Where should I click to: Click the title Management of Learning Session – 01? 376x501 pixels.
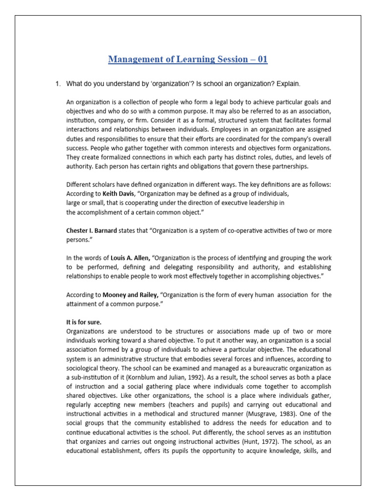click(188, 60)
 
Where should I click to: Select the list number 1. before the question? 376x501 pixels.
click(58, 84)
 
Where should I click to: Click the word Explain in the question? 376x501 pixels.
click(285, 84)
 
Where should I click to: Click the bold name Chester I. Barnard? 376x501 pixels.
click(91, 231)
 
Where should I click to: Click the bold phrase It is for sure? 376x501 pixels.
click(84, 322)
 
